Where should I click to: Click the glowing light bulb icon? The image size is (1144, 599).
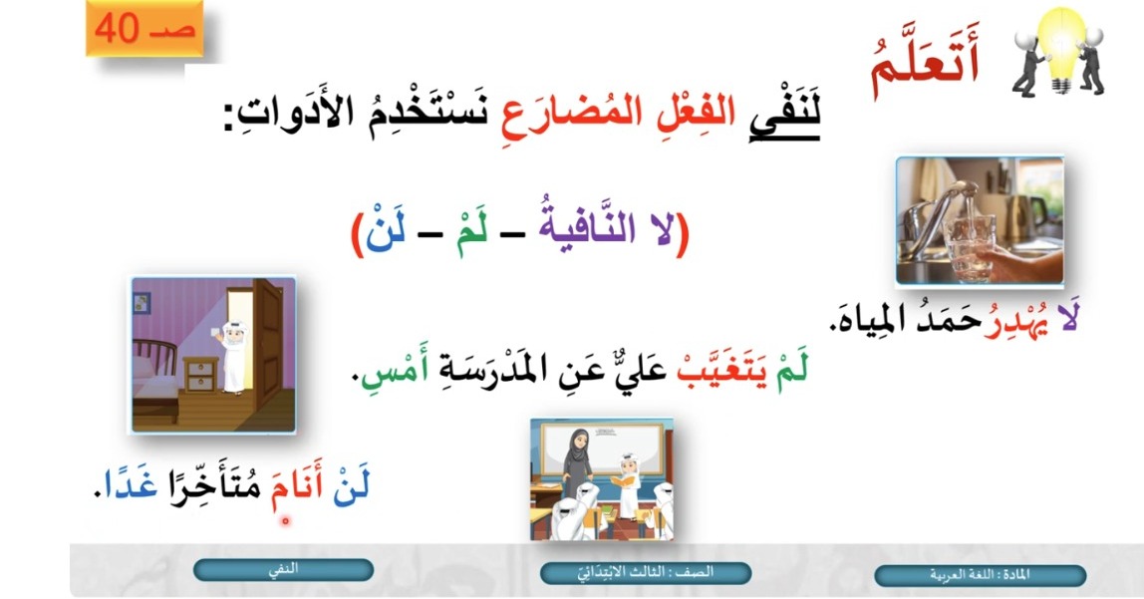(x=1061, y=49)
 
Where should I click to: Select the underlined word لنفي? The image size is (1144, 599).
(x=785, y=113)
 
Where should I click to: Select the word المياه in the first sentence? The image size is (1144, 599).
(x=866, y=318)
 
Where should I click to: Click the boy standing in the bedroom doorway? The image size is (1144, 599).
(x=233, y=357)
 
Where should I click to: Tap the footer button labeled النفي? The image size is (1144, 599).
(x=283, y=570)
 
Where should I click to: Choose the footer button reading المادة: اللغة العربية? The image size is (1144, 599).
(x=980, y=575)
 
